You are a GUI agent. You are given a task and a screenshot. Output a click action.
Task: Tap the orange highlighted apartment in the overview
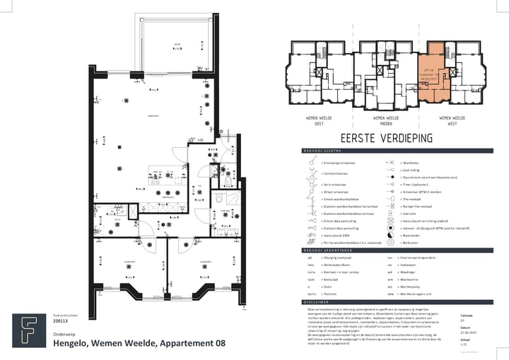click(x=433, y=74)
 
